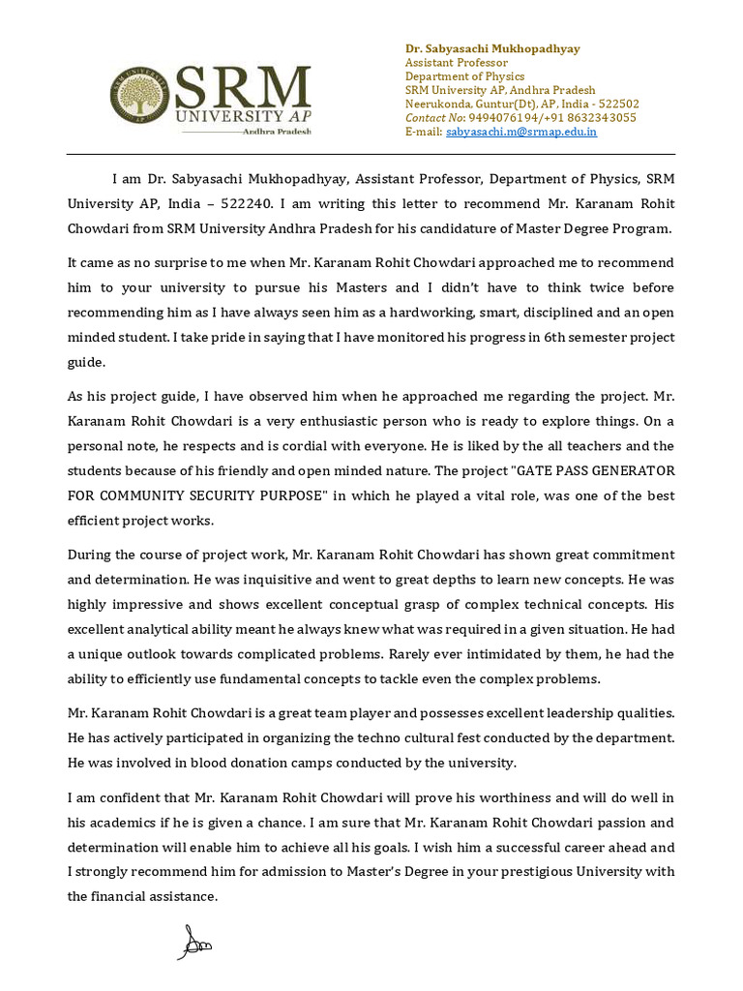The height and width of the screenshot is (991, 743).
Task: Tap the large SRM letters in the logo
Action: (243, 87)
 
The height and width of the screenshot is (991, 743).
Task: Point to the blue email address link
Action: (520, 132)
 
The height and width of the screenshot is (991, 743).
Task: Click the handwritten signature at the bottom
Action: (193, 942)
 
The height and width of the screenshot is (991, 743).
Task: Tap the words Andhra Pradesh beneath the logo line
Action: (278, 130)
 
